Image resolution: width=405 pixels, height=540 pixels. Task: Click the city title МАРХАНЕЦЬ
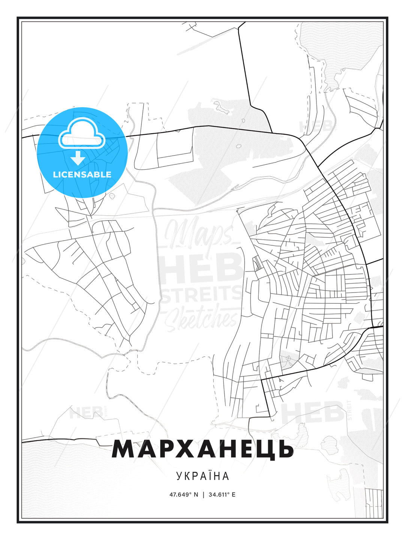[202, 449]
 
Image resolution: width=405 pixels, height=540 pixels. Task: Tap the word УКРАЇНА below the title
[202, 476]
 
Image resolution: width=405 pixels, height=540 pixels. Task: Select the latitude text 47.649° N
[183, 495]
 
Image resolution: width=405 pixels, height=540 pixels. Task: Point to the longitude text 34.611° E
[222, 495]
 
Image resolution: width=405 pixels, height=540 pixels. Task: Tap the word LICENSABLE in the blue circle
[82, 174]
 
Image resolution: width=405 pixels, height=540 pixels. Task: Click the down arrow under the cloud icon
[78, 158]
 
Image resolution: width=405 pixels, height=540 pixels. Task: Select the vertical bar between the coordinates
[203, 495]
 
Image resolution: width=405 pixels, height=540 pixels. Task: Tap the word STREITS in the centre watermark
[202, 294]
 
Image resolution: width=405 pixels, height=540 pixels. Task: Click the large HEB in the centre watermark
[202, 267]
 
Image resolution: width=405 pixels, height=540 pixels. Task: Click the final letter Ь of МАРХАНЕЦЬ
[284, 449]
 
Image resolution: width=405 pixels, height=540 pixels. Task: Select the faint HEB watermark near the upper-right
[315, 127]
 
